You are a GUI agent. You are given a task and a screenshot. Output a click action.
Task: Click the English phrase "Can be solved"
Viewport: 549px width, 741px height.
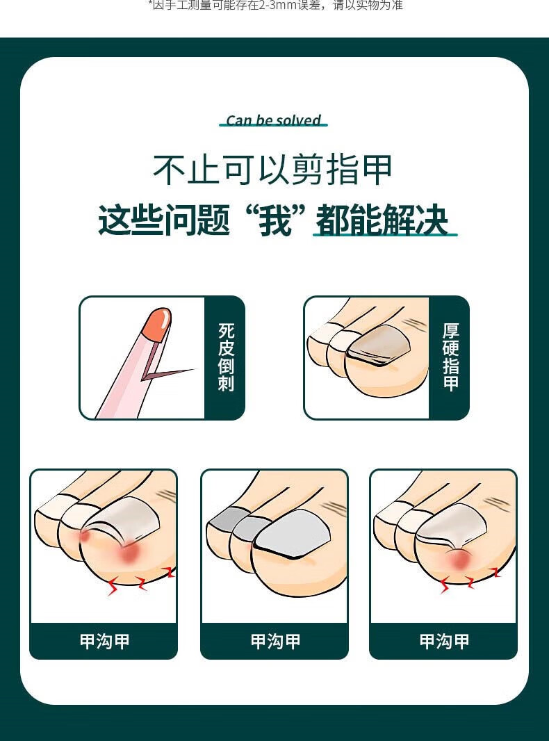pos(274,120)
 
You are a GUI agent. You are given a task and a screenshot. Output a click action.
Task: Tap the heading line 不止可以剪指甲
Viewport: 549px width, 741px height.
pos(272,169)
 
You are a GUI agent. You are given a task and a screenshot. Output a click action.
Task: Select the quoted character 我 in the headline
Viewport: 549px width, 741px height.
pos(275,220)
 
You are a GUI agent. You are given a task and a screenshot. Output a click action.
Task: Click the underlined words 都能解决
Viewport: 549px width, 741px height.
pos(382,220)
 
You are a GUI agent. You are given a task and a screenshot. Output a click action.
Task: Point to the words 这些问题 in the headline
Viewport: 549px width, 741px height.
pos(164,220)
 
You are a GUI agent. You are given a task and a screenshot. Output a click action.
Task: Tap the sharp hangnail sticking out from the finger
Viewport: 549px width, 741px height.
pos(167,373)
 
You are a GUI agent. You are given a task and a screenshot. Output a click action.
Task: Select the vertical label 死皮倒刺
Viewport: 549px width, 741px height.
pos(226,357)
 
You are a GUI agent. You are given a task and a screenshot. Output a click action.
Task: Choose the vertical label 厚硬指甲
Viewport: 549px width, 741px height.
pos(450,357)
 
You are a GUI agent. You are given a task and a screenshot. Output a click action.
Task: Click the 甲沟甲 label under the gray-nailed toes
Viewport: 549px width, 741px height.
pos(275,642)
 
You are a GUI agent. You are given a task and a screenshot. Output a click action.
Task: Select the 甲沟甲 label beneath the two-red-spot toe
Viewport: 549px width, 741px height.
pos(104,642)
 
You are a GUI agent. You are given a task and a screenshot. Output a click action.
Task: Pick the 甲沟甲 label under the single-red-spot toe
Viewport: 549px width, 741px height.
pos(444,642)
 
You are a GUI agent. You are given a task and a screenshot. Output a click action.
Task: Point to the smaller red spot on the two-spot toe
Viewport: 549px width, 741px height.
pos(85,537)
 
